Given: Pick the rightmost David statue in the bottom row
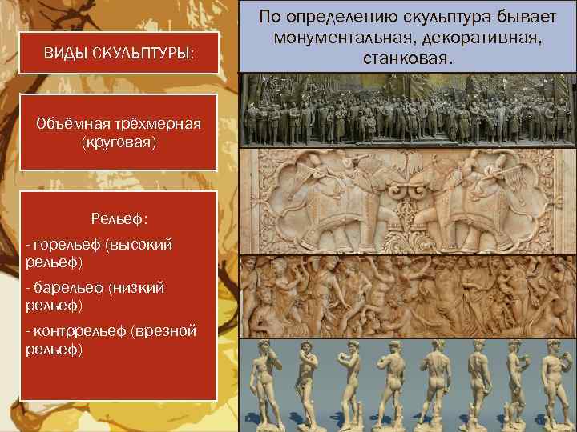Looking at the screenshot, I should (x=558, y=384).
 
